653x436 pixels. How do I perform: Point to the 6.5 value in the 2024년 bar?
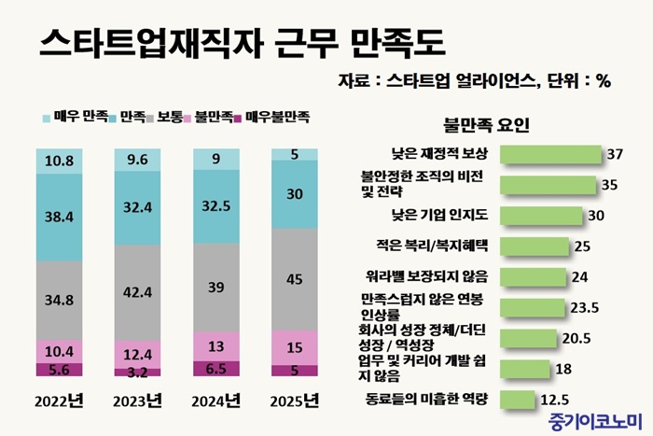point(215,369)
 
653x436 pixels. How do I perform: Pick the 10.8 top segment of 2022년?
point(59,161)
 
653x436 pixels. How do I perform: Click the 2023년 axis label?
point(137,401)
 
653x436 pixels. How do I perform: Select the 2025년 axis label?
point(294,401)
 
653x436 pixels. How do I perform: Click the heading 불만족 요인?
point(487,124)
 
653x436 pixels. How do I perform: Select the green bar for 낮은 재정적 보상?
point(551,154)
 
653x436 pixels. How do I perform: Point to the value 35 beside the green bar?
point(610,185)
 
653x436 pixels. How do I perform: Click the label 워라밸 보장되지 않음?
point(434,276)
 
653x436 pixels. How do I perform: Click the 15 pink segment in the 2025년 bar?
point(294,347)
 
